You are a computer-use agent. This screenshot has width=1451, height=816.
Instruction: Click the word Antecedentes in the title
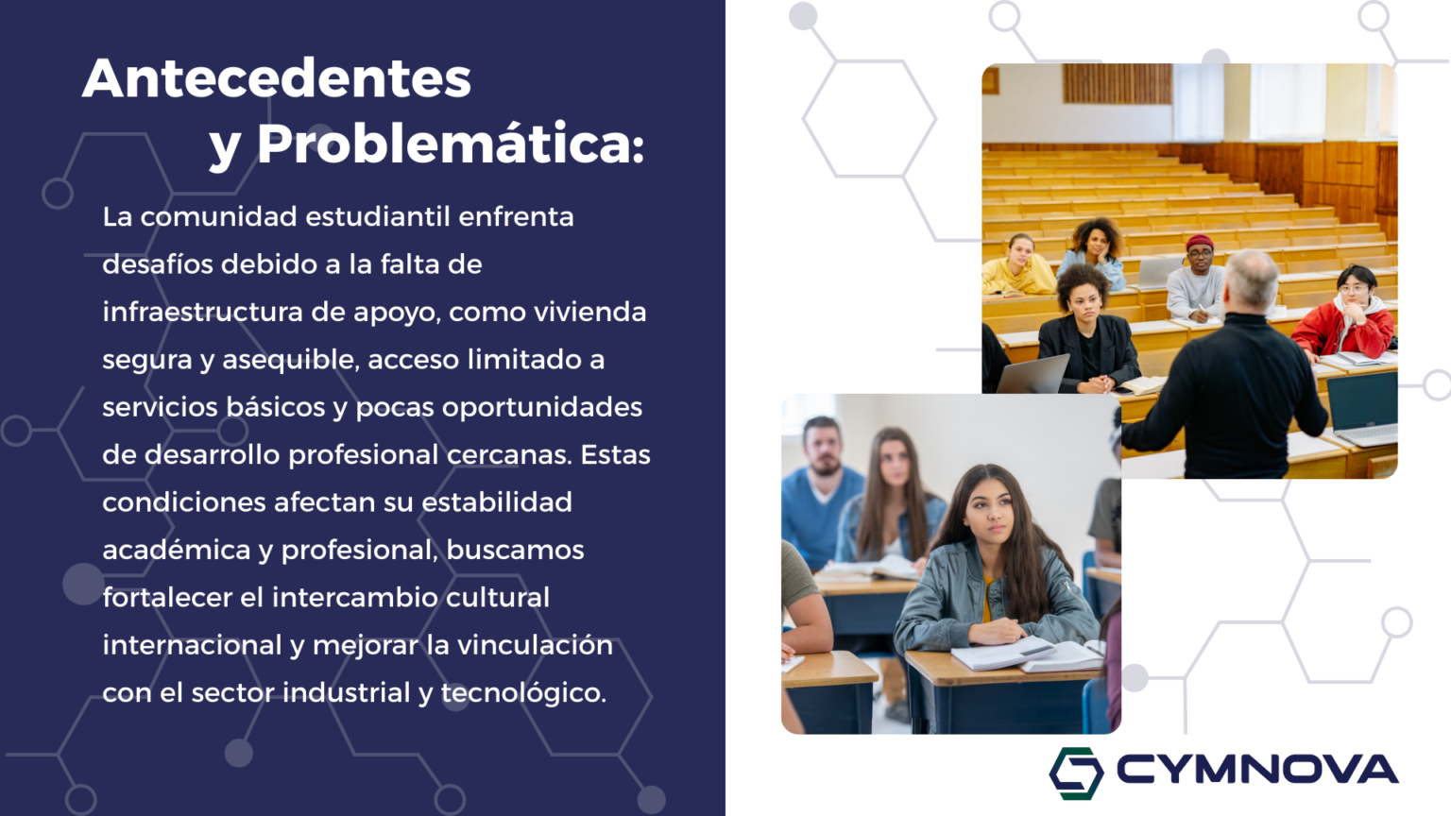[277, 78]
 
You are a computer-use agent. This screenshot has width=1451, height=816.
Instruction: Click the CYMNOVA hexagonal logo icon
[1076, 773]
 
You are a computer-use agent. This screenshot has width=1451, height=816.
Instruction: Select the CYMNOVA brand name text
[1257, 770]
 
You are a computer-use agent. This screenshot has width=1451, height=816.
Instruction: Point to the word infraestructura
[203, 313]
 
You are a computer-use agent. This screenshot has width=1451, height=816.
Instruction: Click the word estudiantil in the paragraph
[378, 216]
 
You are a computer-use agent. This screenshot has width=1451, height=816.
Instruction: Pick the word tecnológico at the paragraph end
[522, 693]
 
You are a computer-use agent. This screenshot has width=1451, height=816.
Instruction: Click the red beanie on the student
[1200, 243]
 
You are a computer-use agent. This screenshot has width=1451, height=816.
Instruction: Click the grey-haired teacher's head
[1252, 280]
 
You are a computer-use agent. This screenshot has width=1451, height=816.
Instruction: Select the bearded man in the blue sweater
[821, 492]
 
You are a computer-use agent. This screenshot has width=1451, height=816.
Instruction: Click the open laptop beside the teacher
[1362, 409]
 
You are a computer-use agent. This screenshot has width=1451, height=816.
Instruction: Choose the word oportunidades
[542, 408]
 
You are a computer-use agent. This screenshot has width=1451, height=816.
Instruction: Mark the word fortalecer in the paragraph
[167, 597]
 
